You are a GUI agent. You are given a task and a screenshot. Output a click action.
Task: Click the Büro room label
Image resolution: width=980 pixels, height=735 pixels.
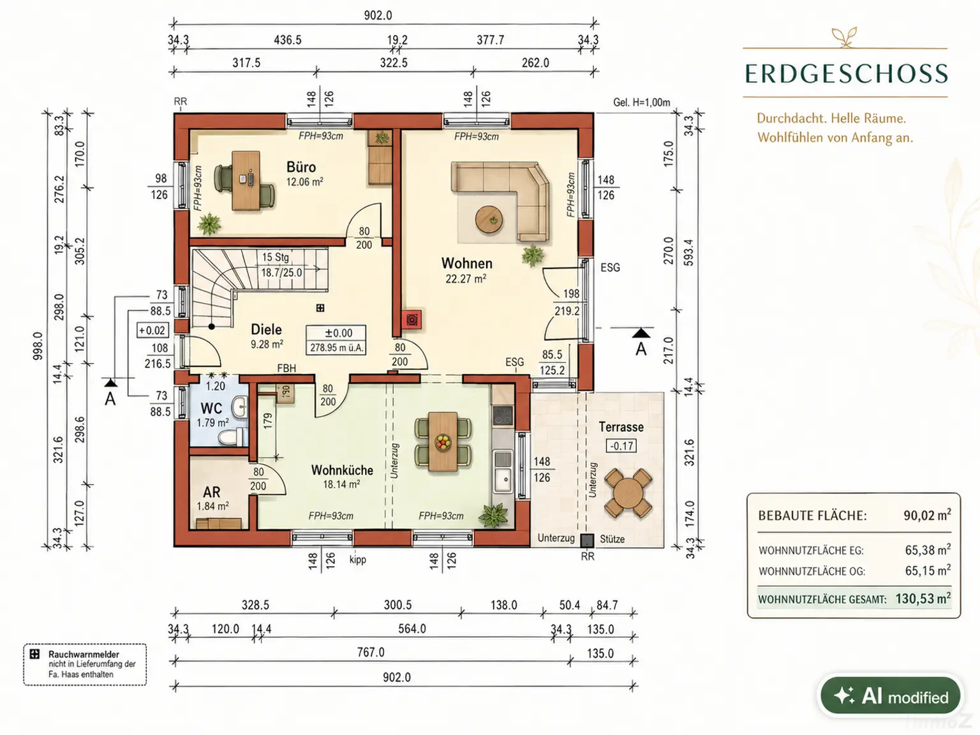coord(301,167)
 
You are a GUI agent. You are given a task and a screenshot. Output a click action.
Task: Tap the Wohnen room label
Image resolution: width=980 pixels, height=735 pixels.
coord(466,264)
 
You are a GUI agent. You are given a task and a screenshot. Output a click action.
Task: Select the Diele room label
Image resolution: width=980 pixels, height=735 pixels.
coord(266,329)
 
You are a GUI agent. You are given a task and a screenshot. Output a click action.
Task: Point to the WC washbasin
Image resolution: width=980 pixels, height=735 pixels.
coord(240,407)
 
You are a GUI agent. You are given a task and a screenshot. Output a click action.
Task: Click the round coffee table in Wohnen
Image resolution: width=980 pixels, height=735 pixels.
coord(489,219)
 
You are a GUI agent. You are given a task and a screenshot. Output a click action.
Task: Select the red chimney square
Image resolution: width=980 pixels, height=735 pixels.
coord(412,320)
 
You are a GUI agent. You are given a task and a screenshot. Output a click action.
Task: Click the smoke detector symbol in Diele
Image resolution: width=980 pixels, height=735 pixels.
coord(320,308)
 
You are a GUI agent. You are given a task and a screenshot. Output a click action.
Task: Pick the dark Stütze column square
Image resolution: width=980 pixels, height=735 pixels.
coord(587,540)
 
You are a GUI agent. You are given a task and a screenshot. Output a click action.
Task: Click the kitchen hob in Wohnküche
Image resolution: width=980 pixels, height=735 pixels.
coord(503,415)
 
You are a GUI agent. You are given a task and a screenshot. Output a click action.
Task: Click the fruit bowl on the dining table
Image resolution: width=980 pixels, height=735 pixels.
coord(443,442)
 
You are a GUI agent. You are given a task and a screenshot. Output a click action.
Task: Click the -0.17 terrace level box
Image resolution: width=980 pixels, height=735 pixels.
coord(621,445)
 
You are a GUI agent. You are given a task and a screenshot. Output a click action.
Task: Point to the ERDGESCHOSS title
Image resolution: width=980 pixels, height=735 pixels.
coord(846,73)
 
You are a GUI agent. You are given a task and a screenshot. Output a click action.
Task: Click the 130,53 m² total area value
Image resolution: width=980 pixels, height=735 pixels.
coord(923,598)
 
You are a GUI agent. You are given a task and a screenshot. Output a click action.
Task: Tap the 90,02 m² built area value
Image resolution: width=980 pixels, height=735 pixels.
coord(927,516)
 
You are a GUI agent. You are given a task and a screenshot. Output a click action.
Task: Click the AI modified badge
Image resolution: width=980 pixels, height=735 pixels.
coord(891,696)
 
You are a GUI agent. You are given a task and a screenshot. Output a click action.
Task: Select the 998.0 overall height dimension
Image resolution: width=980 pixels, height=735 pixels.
coord(38,345)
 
